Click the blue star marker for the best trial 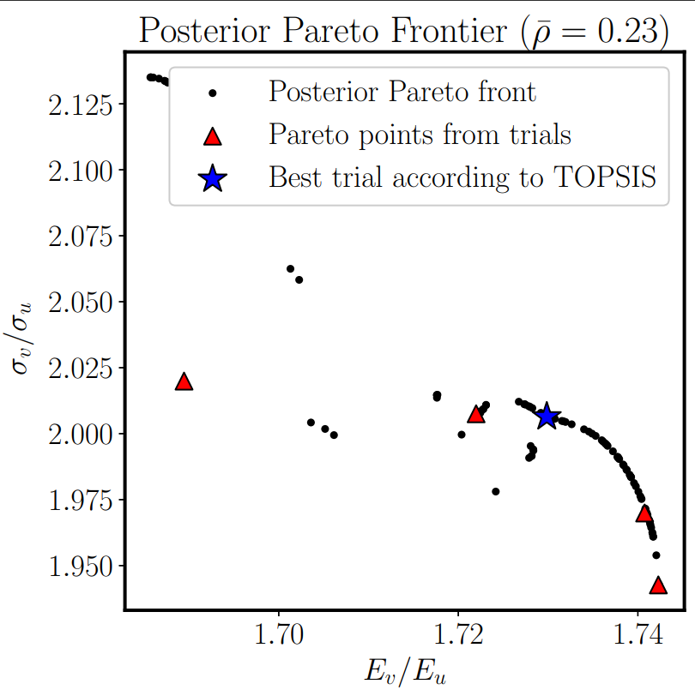click(x=547, y=417)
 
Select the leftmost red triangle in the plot click(x=184, y=382)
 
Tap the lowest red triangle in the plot click(x=658, y=585)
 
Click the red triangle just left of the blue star click(x=476, y=415)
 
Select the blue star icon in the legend click(x=212, y=178)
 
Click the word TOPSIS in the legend click(x=601, y=177)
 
